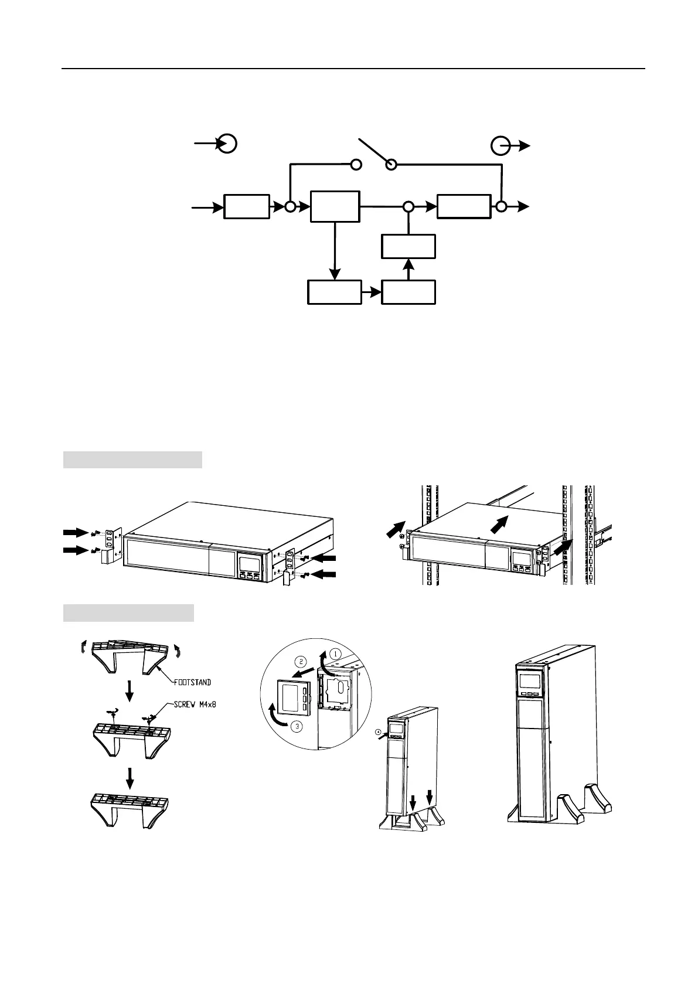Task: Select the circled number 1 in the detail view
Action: click(x=335, y=652)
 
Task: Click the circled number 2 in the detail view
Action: click(x=300, y=661)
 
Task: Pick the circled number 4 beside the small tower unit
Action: click(x=378, y=732)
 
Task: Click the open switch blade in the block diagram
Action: click(x=374, y=153)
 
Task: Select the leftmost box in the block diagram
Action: click(x=247, y=207)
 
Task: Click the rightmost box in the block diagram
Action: click(x=464, y=207)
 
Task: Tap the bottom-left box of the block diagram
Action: click(x=334, y=292)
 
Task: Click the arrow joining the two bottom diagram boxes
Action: click(x=371, y=292)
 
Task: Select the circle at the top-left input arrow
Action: click(x=227, y=143)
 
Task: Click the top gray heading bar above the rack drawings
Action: click(x=132, y=460)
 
